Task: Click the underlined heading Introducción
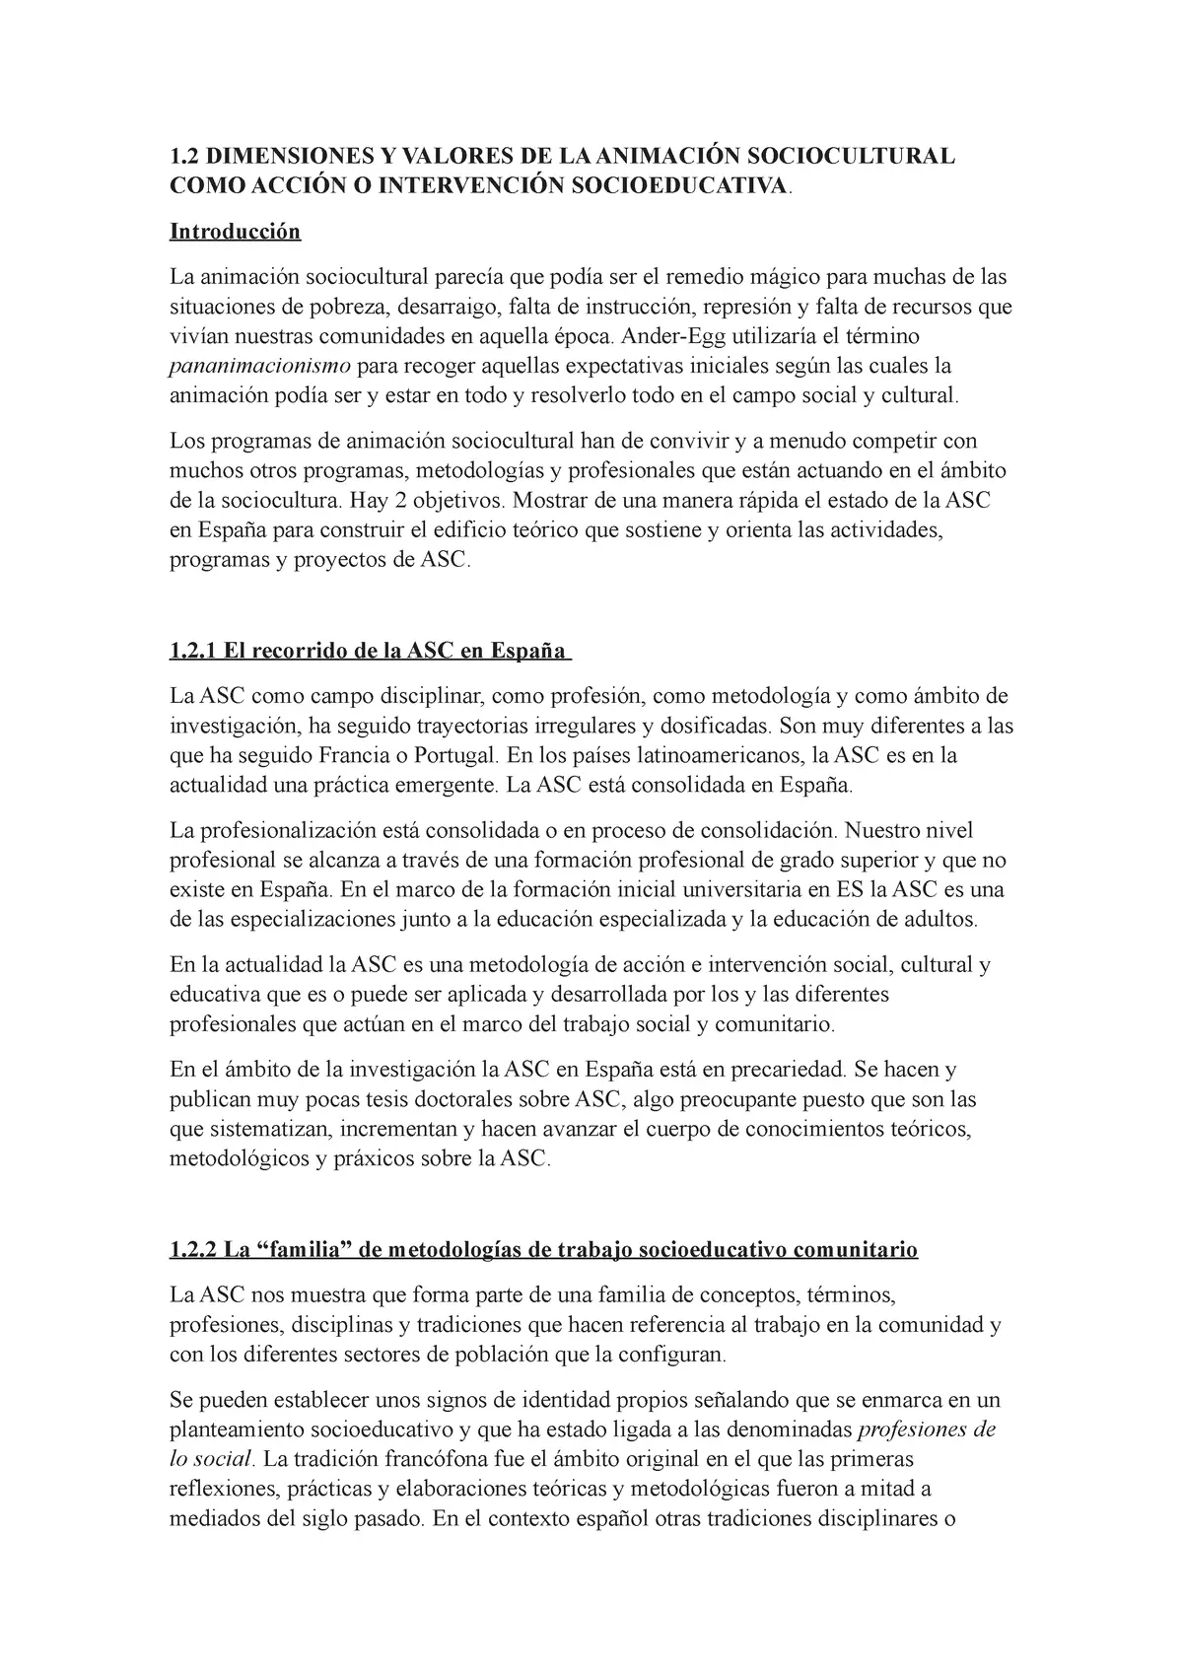click(235, 232)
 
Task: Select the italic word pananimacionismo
click(260, 367)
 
